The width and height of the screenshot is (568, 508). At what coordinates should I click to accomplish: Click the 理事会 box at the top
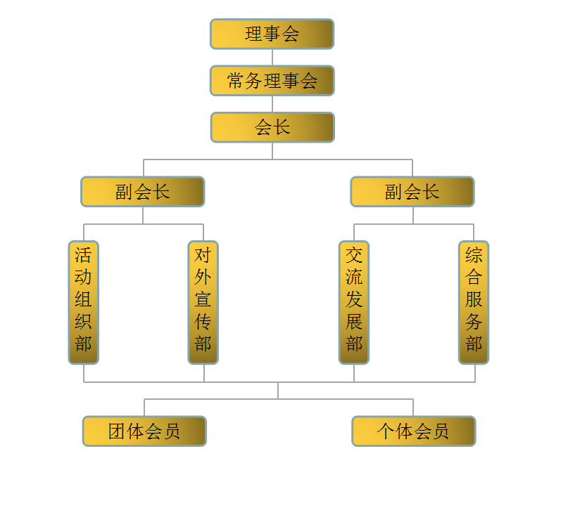[x=272, y=34]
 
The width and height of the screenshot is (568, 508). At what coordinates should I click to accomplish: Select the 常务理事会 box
[x=272, y=81]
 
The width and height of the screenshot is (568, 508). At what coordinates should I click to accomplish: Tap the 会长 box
[x=272, y=127]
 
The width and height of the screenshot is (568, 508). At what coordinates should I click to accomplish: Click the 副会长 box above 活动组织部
[x=143, y=192]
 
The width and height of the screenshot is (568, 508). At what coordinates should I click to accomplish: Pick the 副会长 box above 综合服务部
[x=412, y=192]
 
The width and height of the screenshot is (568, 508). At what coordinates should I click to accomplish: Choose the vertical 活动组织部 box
[x=84, y=302]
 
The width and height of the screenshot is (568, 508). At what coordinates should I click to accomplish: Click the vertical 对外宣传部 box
[x=203, y=302]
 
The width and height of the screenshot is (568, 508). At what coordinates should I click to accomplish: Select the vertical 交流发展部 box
[x=354, y=302]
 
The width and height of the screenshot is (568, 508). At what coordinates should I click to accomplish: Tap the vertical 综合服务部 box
[x=474, y=302]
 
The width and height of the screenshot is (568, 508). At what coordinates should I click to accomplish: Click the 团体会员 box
[x=144, y=431]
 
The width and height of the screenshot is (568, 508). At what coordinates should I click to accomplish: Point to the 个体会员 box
[x=414, y=431]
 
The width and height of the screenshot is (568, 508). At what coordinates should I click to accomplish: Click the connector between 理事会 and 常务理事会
[x=272, y=58]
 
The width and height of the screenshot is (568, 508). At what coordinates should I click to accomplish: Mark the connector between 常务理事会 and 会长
[x=272, y=104]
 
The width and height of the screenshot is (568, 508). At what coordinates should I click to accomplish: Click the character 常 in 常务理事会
[x=236, y=81]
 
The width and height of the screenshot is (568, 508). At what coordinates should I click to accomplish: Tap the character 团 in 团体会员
[x=117, y=431]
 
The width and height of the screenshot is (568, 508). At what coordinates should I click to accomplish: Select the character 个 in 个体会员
[x=386, y=431]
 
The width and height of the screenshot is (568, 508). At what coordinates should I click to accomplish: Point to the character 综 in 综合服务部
[x=474, y=255]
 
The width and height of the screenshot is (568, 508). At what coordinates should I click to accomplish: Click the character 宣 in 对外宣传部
[x=203, y=299]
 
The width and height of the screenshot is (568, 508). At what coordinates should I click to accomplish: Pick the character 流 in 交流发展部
[x=354, y=278]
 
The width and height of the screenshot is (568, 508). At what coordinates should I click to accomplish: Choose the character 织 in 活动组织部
[x=83, y=321]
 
